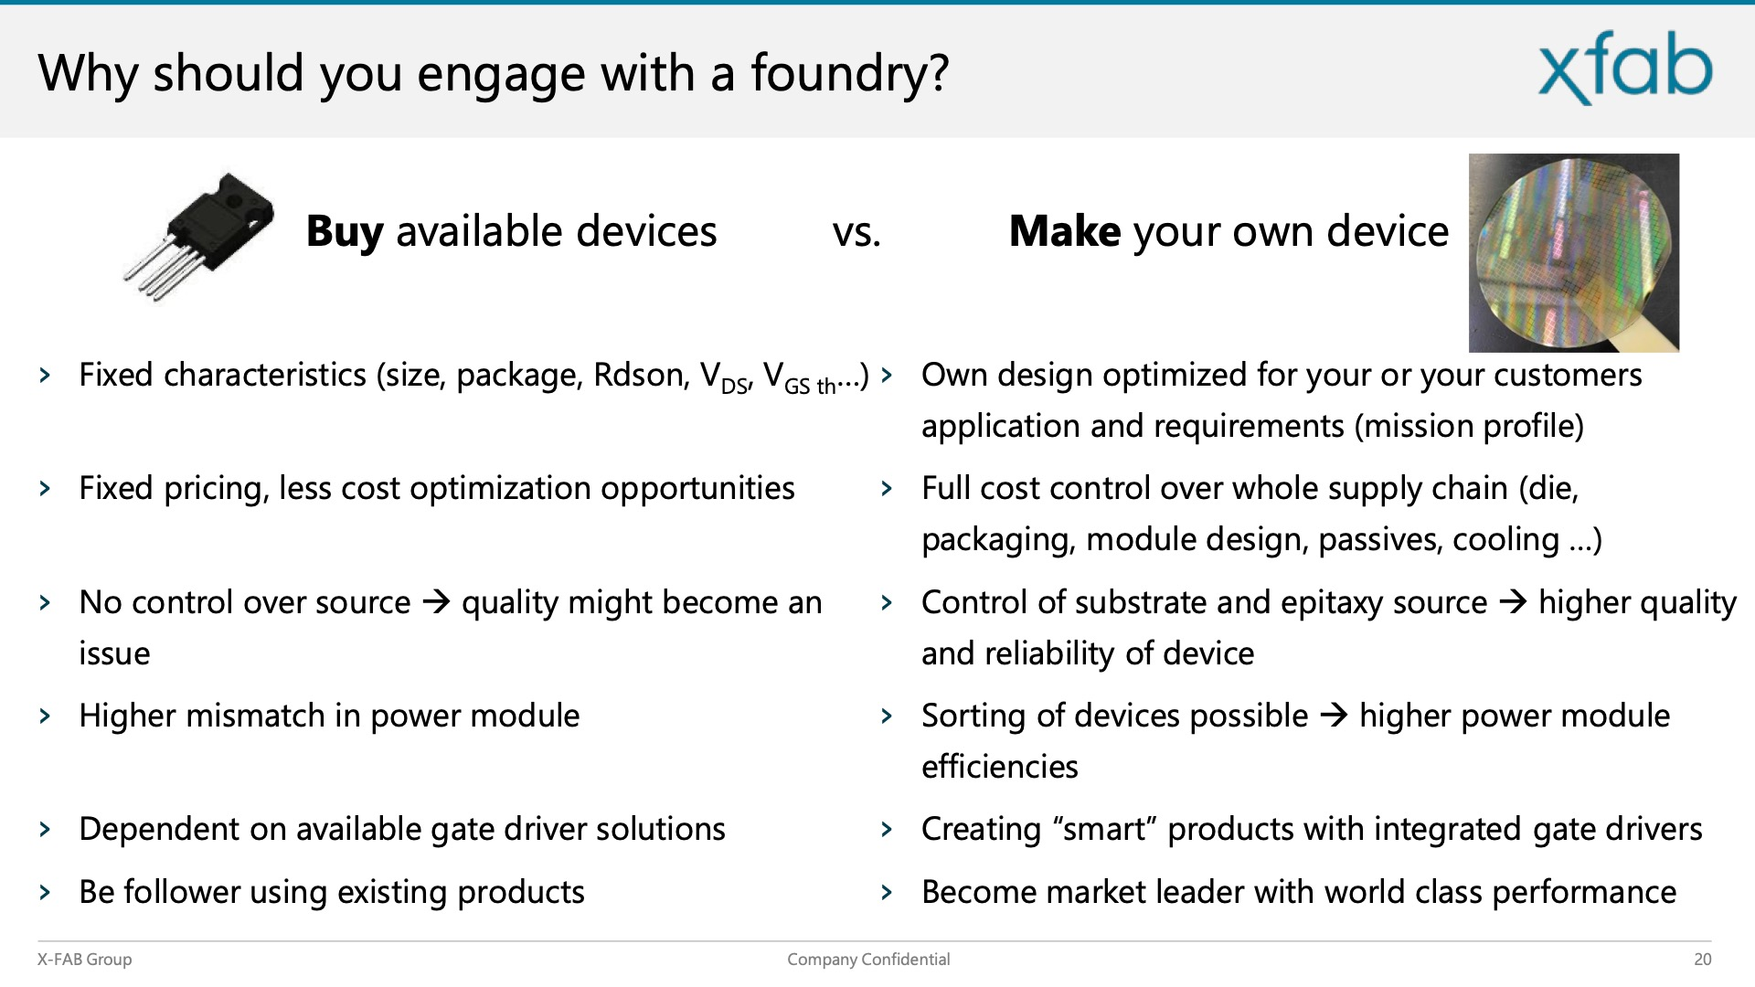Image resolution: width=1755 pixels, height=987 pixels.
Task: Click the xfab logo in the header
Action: (x=1625, y=68)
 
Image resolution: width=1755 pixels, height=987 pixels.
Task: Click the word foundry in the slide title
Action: (x=840, y=74)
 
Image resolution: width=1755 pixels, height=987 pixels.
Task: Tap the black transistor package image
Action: (x=198, y=236)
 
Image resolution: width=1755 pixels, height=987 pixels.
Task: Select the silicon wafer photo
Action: (x=1574, y=252)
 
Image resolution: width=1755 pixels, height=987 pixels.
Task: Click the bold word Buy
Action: (x=345, y=232)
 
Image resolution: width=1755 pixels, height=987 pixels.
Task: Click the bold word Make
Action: (x=1065, y=231)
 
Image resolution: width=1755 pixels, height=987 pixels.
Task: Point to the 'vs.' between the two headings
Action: (x=856, y=234)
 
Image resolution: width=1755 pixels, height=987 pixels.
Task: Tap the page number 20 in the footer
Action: (x=1702, y=960)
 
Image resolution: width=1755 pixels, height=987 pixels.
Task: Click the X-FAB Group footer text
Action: (x=84, y=960)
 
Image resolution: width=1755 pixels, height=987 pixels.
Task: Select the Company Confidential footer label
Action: (x=868, y=960)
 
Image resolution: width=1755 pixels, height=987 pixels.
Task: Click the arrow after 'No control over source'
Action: (x=437, y=603)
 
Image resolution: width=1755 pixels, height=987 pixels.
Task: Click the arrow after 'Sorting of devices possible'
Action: (x=1335, y=716)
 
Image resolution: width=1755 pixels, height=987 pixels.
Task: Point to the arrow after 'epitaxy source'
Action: (x=1514, y=603)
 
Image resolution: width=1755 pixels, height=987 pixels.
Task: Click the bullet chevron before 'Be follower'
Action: (x=45, y=893)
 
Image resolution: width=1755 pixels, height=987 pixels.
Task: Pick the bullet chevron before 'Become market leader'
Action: (x=887, y=893)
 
